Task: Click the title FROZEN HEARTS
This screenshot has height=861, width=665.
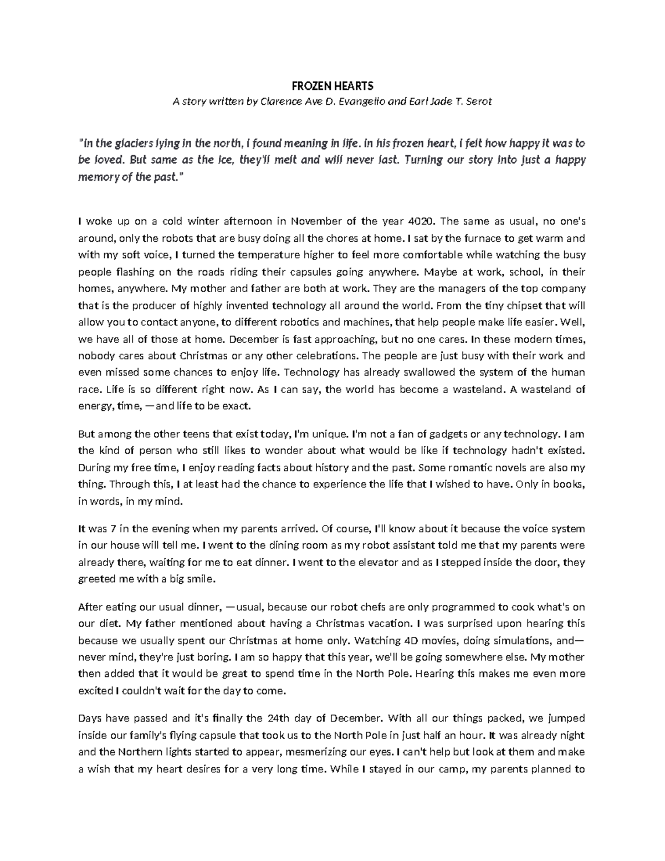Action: [x=332, y=86]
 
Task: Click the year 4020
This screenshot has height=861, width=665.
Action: [x=421, y=221]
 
